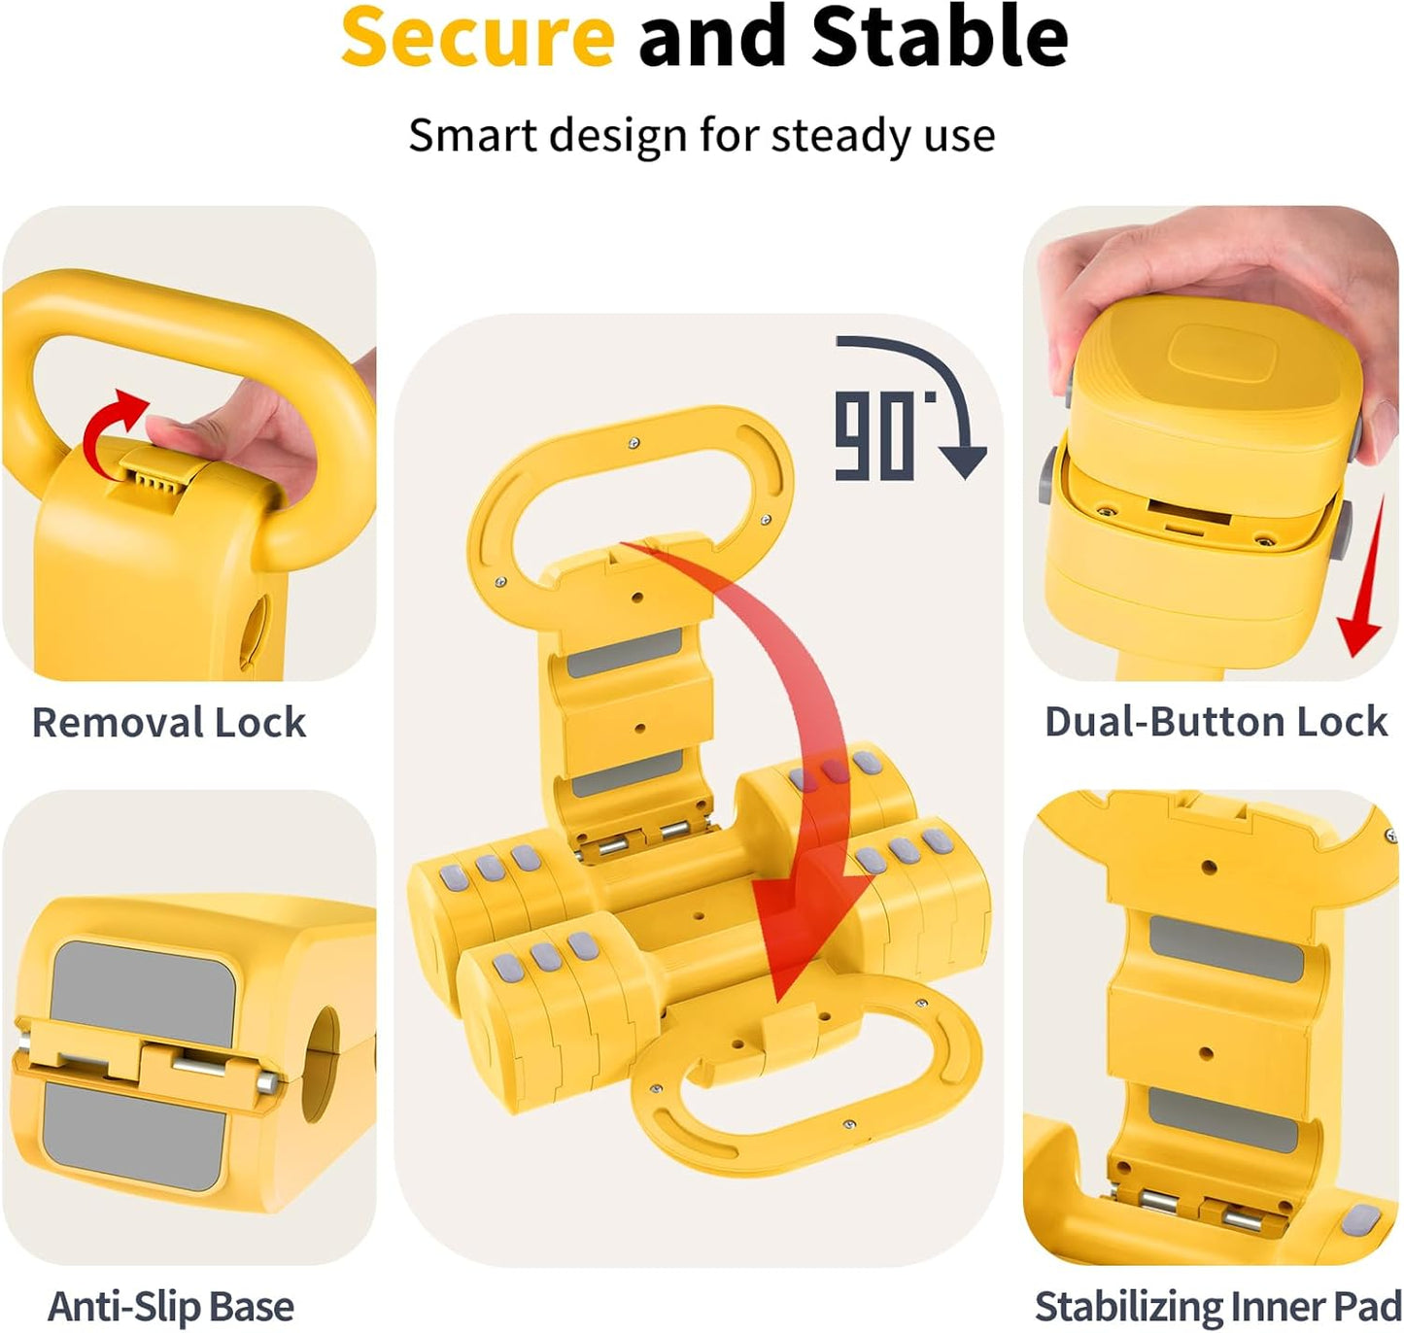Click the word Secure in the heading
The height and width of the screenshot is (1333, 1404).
tap(477, 37)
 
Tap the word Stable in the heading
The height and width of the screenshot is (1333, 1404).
tap(940, 37)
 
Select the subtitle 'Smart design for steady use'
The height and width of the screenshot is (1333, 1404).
tap(702, 135)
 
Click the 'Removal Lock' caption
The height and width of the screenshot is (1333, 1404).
tap(169, 723)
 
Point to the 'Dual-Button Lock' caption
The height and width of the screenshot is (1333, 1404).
tap(1216, 722)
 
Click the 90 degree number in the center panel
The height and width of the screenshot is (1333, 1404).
tap(875, 436)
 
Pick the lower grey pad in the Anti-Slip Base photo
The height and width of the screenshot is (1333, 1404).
tap(136, 1132)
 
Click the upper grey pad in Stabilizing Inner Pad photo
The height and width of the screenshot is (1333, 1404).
tap(1226, 946)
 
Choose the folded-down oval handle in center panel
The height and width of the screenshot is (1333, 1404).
tap(806, 1078)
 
